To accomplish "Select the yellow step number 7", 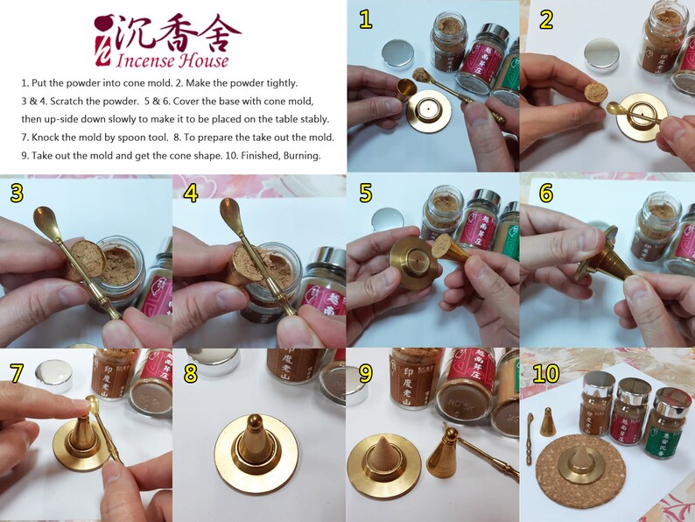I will [16, 370].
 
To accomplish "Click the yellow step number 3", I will [16, 194].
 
